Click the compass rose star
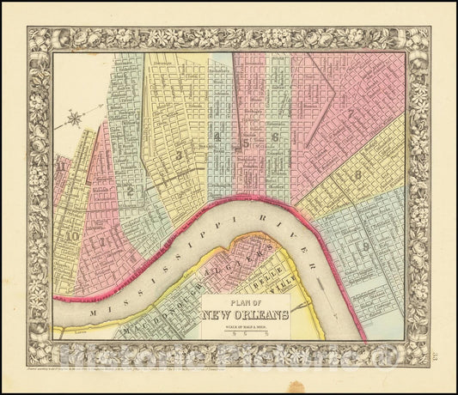pyautogui.click(x=76, y=118)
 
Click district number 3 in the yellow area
pyautogui.click(x=177, y=155)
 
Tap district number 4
pyautogui.click(x=219, y=137)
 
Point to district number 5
pyautogui.click(x=246, y=143)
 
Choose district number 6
pyautogui.click(x=274, y=137)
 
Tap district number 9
pyautogui.click(x=367, y=246)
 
